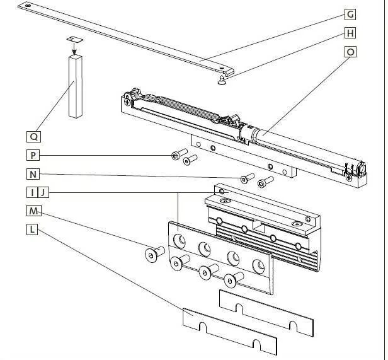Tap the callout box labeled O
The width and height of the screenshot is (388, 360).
350,52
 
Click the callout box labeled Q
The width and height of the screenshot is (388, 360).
33,136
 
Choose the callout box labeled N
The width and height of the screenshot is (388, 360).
33,174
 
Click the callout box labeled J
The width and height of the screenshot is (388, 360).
42,192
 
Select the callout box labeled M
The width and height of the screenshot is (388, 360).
33,211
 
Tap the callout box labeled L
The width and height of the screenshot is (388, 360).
33,229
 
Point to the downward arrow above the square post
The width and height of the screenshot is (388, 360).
73,47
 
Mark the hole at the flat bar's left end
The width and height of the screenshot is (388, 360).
25,6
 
